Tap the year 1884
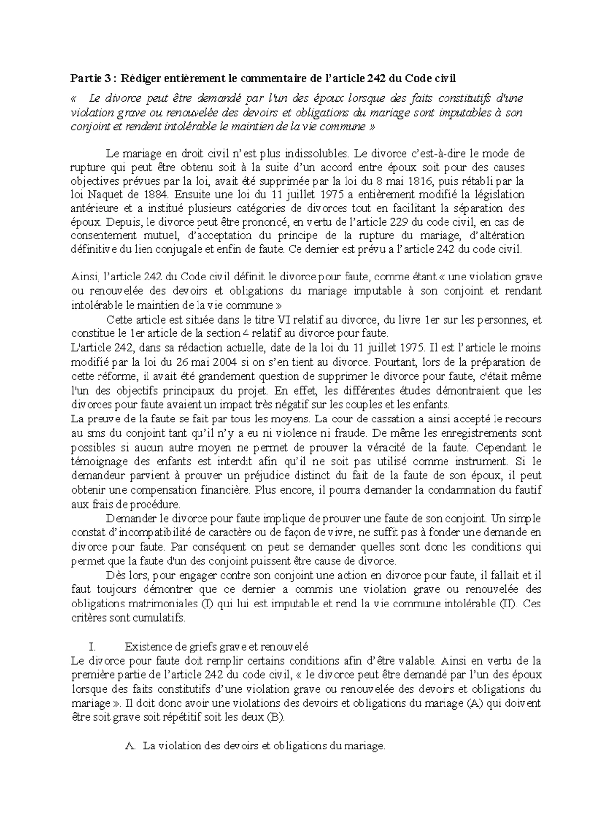(x=154, y=194)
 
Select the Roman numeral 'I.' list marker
(x=90, y=647)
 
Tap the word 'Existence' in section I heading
(x=145, y=647)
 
